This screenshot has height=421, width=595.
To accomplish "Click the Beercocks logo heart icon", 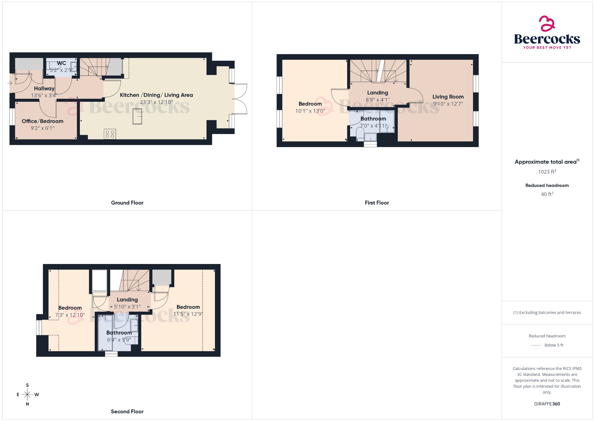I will coord(547,24).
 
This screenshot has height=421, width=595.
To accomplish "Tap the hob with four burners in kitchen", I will coord(110,134).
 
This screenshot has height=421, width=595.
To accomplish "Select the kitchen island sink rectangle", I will coord(137,116).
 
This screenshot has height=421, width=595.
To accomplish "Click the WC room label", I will coord(61,63).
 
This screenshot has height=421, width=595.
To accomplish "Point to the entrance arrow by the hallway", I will coord(10,83).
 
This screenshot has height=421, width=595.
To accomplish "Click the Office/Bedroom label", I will coord(42,121).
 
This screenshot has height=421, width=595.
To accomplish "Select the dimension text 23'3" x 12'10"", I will coord(156,102).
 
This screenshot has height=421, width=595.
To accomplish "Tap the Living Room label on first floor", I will coord(448,97).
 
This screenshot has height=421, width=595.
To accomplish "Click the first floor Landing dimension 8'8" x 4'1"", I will coord(377,100).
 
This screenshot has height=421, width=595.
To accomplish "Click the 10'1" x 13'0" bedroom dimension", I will coord(310,111).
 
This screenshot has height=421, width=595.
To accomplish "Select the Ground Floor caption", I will coord(127,203).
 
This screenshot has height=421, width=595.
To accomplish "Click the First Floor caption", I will coord(377,203).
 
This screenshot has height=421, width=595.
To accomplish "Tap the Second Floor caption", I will coord(127,411).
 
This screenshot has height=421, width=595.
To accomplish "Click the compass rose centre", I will coord(27,395).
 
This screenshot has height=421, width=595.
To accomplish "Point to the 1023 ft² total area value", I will coord(547,172).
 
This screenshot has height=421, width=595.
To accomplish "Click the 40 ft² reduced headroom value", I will coord(547,194).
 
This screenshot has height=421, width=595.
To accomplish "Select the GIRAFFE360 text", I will coord(547,404).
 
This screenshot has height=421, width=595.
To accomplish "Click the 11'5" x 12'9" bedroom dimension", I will coord(187,314).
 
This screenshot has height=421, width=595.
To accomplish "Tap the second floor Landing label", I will coord(127,299).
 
